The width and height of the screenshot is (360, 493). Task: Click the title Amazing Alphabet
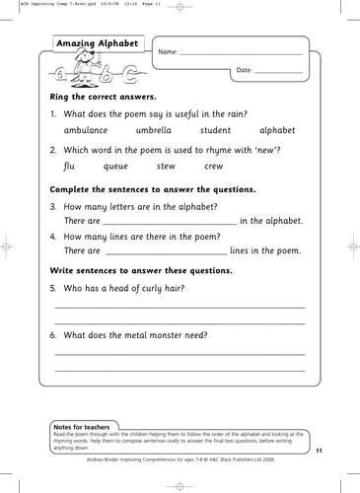point(96,44)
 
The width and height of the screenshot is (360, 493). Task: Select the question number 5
point(53,288)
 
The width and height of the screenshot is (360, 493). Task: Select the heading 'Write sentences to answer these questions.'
point(141,270)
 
